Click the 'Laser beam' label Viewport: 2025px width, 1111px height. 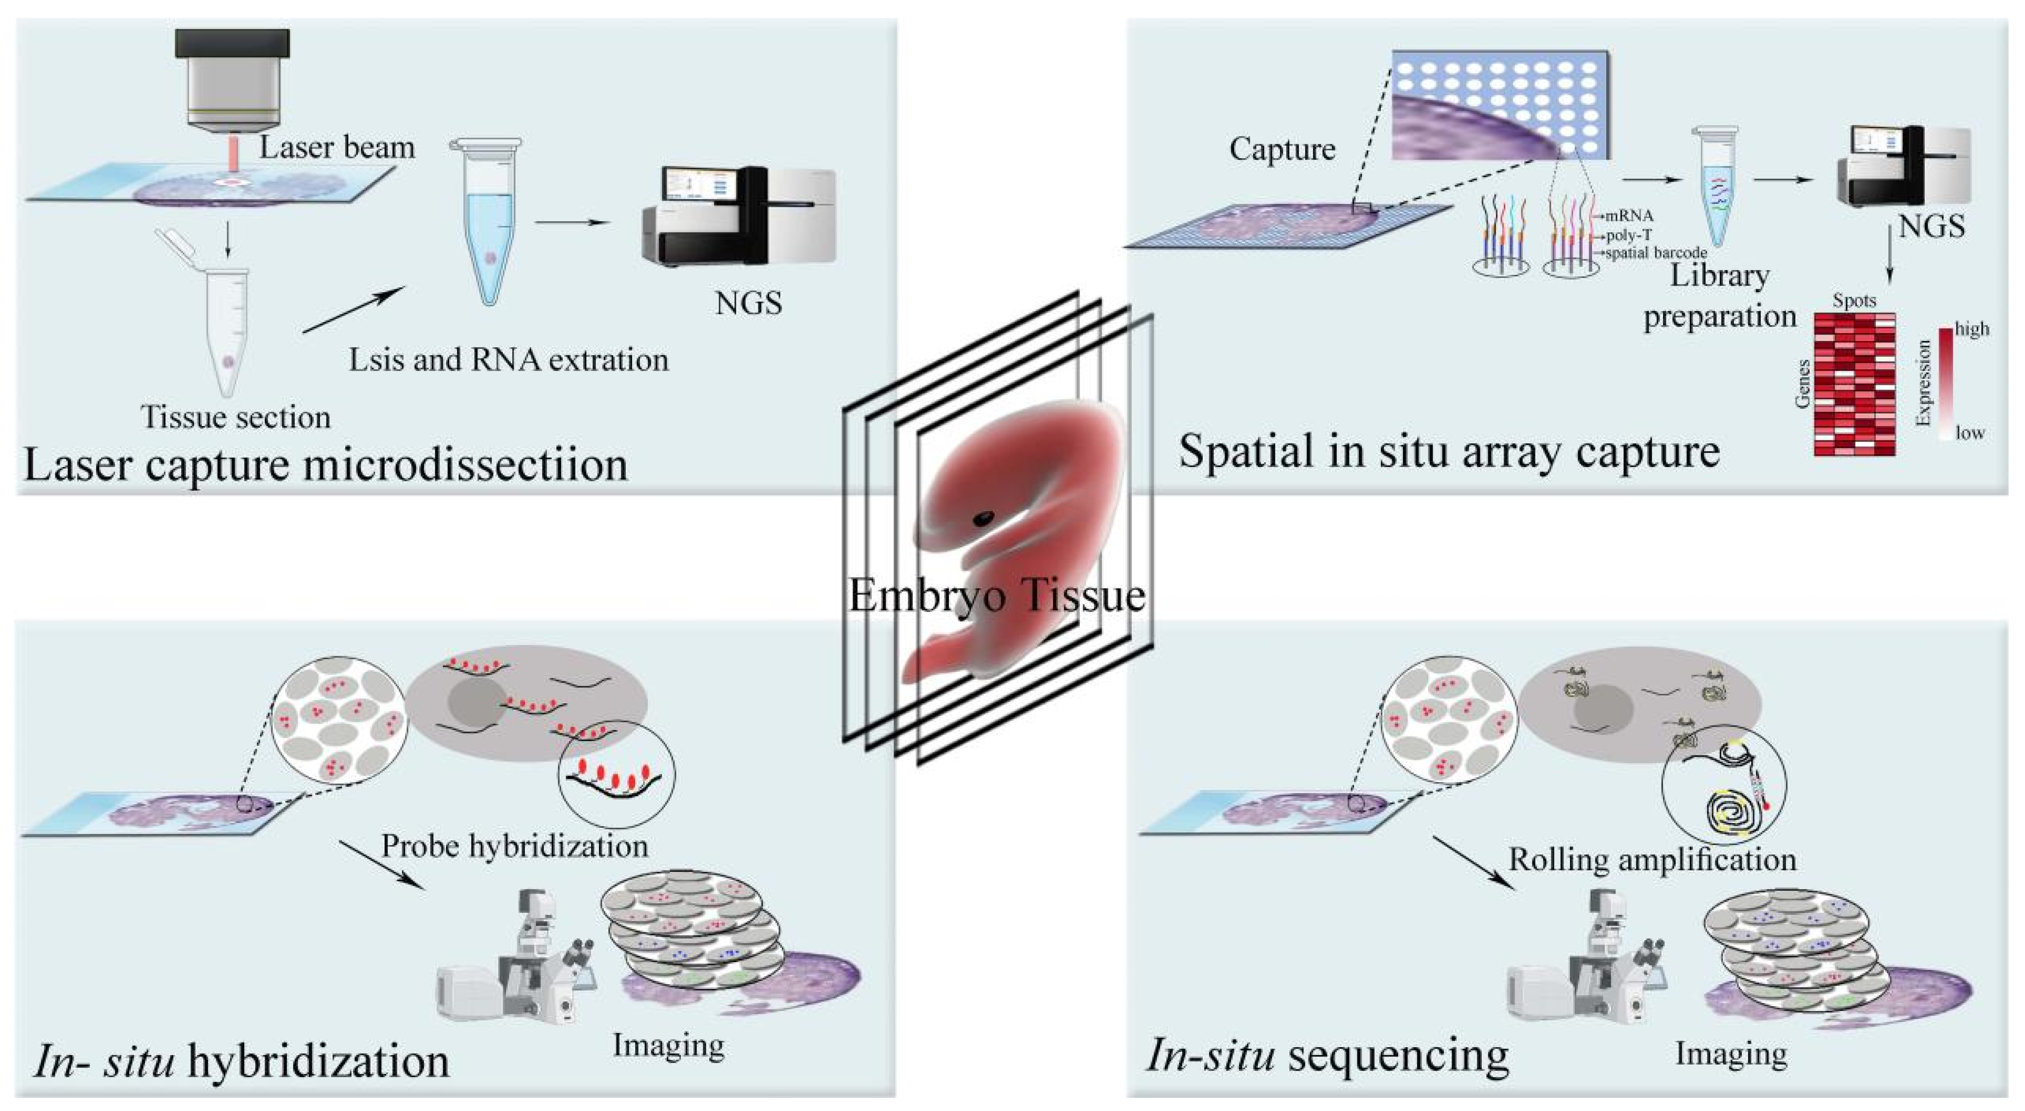coord(337,147)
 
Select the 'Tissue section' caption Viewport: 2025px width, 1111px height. coord(236,417)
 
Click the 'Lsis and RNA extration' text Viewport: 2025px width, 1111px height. coord(508,359)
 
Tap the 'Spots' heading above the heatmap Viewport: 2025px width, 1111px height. coord(1855,300)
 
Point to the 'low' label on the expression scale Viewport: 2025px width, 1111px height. coord(1970,433)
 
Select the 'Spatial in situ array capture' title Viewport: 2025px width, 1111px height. coord(1449,452)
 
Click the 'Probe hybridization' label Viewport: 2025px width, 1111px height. coord(515,846)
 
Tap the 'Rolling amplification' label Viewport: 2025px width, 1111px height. coord(1652,859)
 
